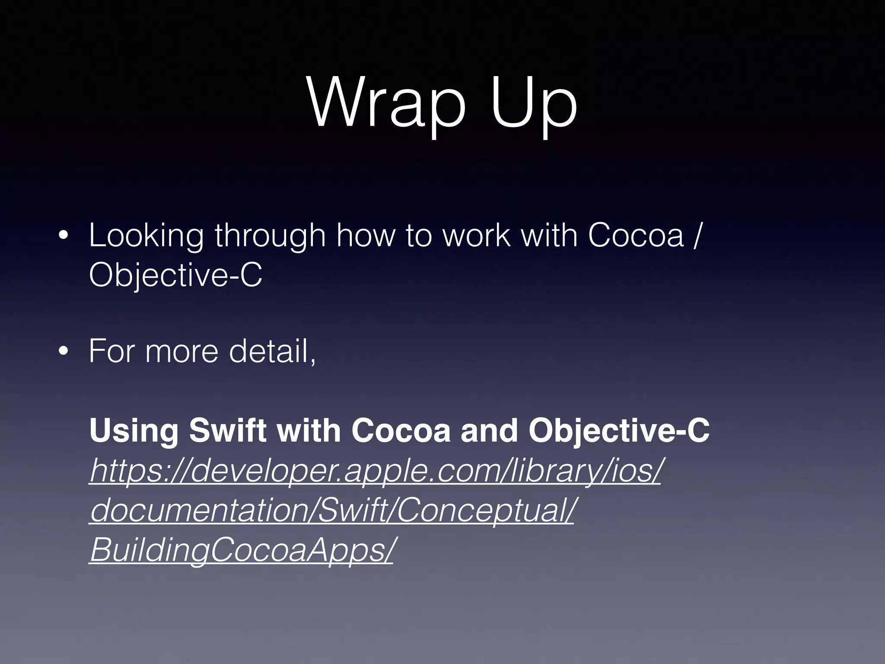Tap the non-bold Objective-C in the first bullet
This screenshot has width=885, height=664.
pos(175,276)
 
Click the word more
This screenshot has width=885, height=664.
pos(181,351)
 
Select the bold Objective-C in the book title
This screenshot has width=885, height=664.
pos(619,431)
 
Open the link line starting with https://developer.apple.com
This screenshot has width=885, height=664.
pos(375,471)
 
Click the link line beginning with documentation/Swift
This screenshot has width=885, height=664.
pos(332,511)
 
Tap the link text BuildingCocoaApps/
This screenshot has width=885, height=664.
pos(242,550)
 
